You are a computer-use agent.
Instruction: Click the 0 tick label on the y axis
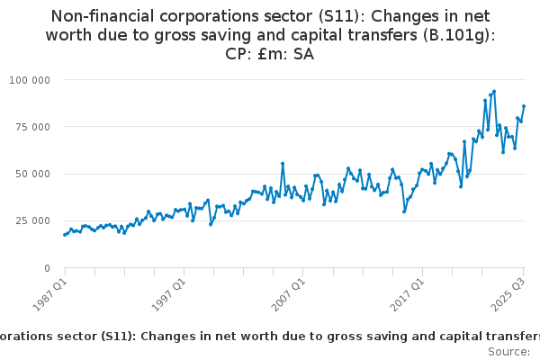point(47,267)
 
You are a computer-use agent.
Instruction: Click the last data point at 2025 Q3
point(524,106)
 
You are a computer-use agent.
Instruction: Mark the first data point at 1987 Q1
point(64,235)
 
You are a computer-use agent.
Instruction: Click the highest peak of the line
point(494,91)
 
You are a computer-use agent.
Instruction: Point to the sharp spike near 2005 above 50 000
point(283,164)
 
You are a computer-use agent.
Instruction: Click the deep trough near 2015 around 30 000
point(404,211)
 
